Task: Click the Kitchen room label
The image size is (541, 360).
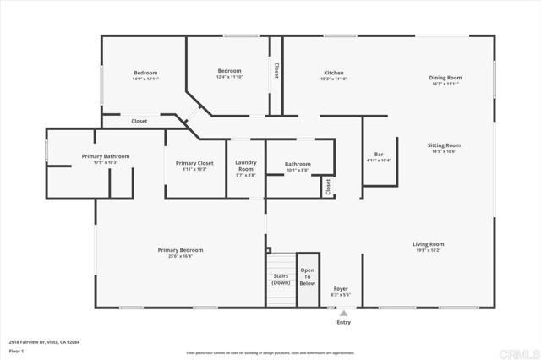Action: pos(334,72)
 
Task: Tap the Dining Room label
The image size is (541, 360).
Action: pos(445,77)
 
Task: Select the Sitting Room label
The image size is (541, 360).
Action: pos(445,145)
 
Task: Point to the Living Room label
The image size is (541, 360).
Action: pos(429,244)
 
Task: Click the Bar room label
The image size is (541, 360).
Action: pos(379,154)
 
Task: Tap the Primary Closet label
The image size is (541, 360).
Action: pos(194,163)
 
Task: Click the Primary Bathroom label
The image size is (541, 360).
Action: pos(105,156)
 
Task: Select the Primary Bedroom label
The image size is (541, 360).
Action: pos(180,250)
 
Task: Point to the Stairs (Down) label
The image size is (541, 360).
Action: pos(281,279)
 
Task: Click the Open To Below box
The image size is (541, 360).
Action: pos(308,278)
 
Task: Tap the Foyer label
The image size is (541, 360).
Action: pos(340,289)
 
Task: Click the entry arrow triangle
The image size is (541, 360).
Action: pos(343,312)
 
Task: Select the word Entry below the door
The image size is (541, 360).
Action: pos(344,322)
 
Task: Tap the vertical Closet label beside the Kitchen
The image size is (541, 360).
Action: pos(276,72)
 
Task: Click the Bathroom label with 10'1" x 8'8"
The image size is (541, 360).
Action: pos(298,164)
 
